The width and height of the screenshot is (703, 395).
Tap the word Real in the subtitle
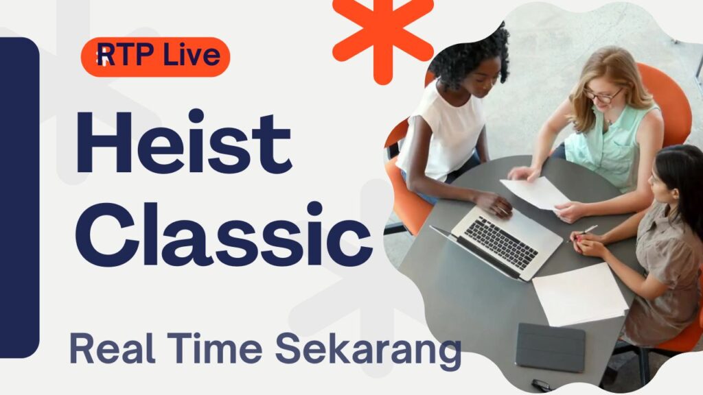[108, 348]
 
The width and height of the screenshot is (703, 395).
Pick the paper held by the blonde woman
[535, 192]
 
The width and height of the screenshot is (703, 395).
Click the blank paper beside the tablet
[579, 294]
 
